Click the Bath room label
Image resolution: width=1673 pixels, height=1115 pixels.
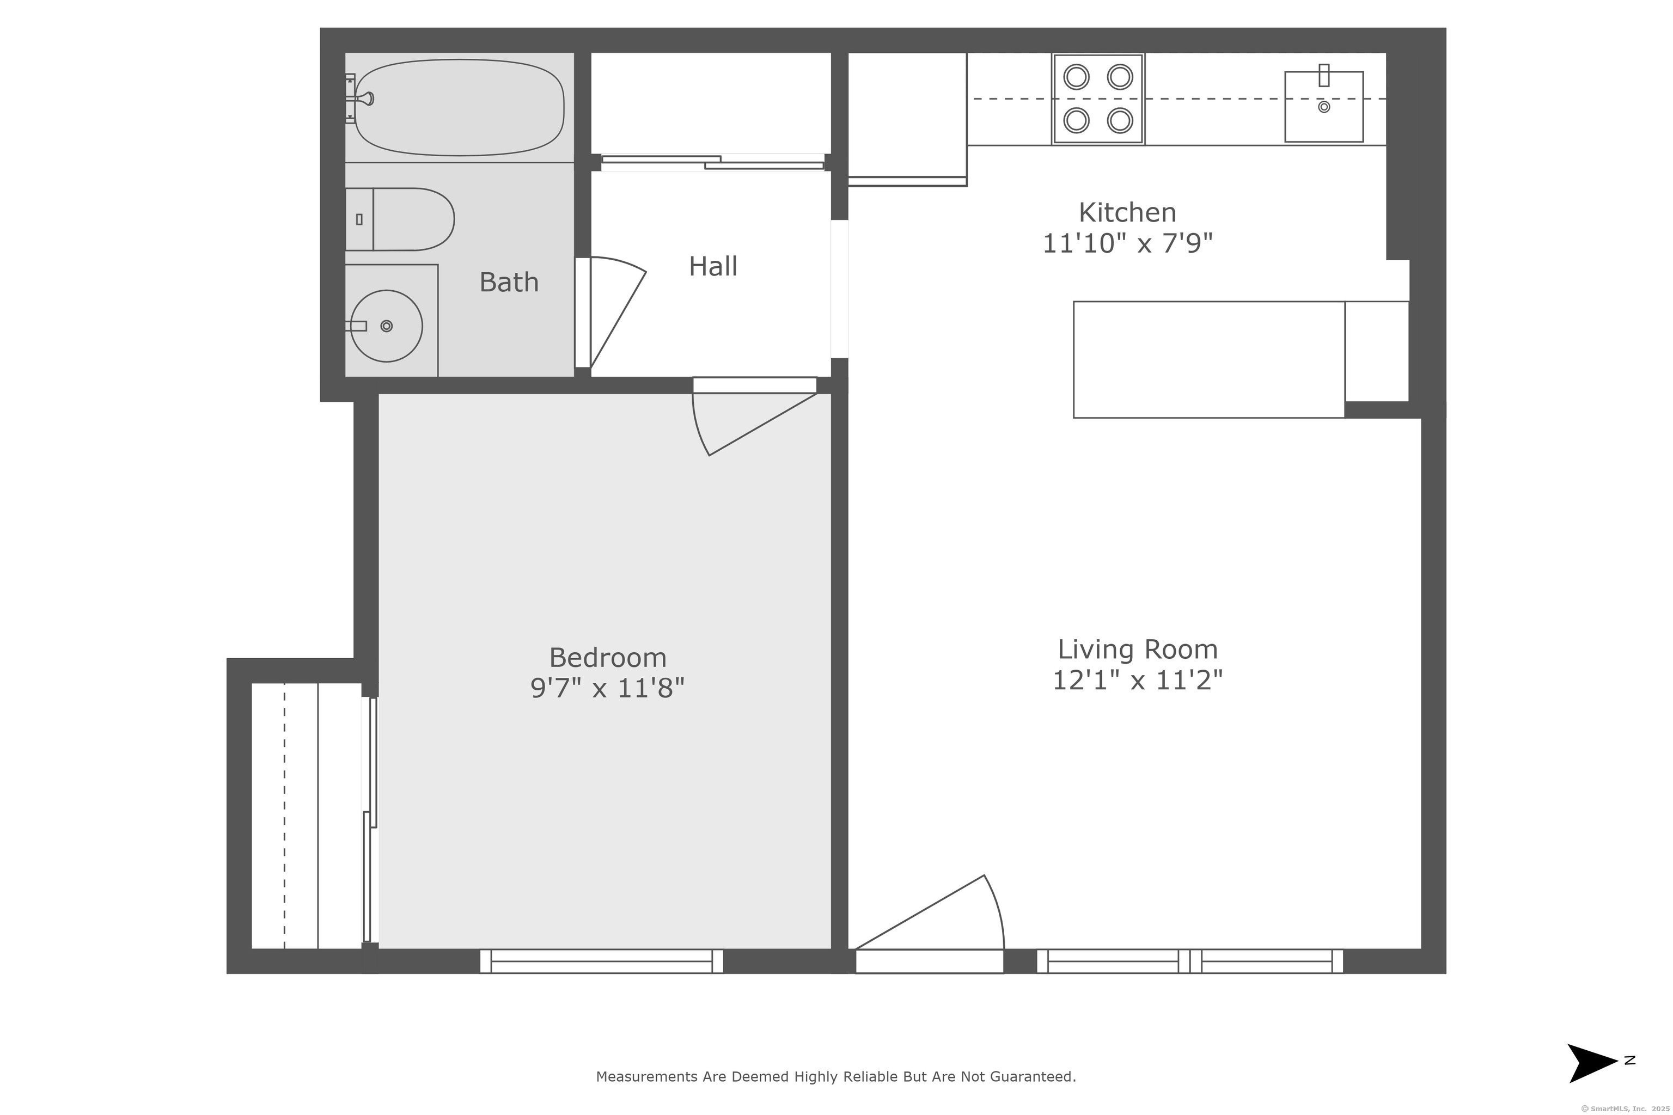pos(509,283)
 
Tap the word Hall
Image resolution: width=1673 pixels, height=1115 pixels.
pos(713,267)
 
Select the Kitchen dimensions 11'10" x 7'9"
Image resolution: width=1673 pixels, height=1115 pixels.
pos(1127,244)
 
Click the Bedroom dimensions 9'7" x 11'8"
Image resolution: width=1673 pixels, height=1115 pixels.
pos(607,688)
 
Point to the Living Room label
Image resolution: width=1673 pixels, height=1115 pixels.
pos(1137,649)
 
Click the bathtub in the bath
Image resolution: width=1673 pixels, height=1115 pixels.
pos(460,107)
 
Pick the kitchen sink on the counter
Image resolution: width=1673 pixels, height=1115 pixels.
pos(1323,107)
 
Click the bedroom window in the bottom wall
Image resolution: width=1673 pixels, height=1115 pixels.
pos(601,961)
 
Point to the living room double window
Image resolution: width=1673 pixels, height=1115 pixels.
pos(1189,961)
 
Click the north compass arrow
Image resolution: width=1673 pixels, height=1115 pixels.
pos(1593,1063)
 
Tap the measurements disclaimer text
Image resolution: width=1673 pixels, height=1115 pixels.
pos(836,1076)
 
